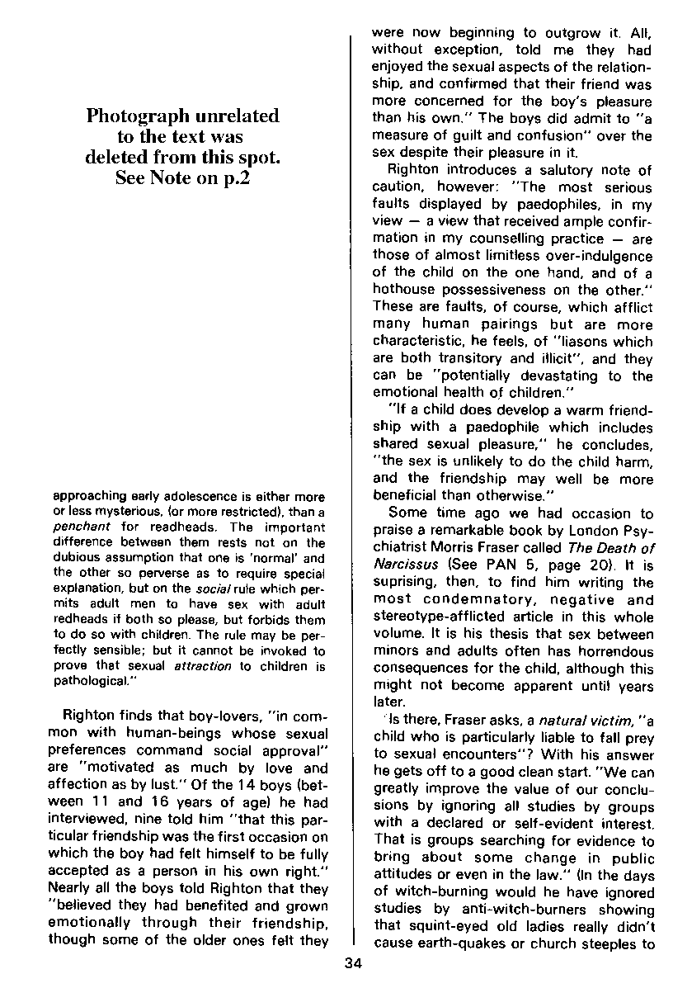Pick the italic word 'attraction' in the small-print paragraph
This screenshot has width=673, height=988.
coord(202,665)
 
